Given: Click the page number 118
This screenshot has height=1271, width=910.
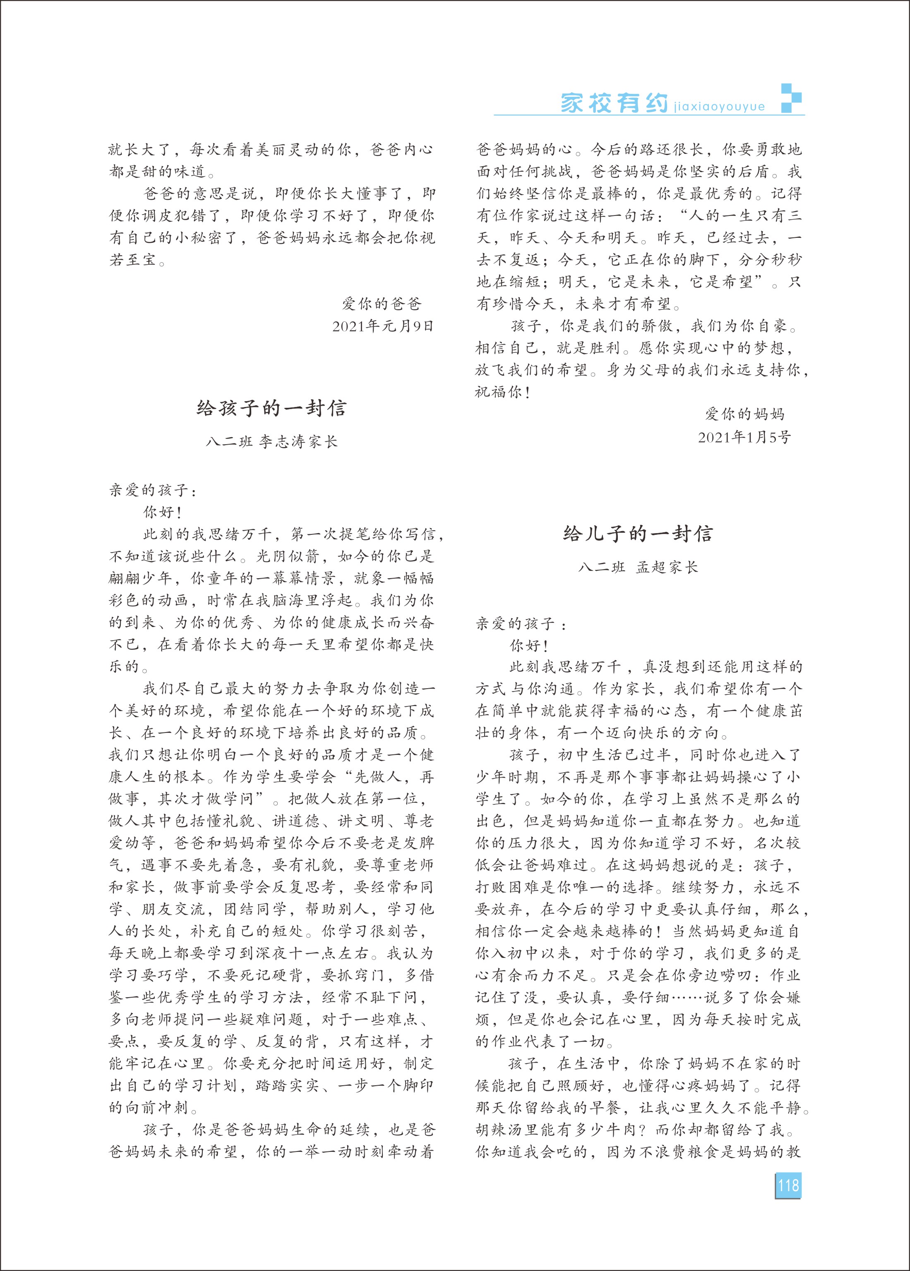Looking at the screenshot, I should pos(788,1185).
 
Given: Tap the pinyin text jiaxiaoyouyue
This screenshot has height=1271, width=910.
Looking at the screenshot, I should pos(720,106).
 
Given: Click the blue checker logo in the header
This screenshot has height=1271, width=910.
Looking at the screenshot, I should pos(791,98).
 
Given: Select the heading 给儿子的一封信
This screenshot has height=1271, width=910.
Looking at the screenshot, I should pos(638,534).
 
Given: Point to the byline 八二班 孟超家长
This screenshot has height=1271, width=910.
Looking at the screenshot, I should pos(638,567).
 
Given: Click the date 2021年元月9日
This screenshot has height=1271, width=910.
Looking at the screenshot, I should pos(383,326).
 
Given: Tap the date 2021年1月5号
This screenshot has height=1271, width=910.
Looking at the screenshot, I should pos(744,437).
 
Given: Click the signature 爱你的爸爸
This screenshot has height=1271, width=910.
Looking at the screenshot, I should pos(382,304).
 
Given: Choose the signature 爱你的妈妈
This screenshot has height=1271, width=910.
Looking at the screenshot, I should pos(744,414).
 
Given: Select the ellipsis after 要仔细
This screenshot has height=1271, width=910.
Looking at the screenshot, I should pos(687,997).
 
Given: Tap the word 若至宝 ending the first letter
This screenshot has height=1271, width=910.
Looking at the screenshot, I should pos(132,260).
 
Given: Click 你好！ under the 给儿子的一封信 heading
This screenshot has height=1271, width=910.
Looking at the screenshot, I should pos(529,645).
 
